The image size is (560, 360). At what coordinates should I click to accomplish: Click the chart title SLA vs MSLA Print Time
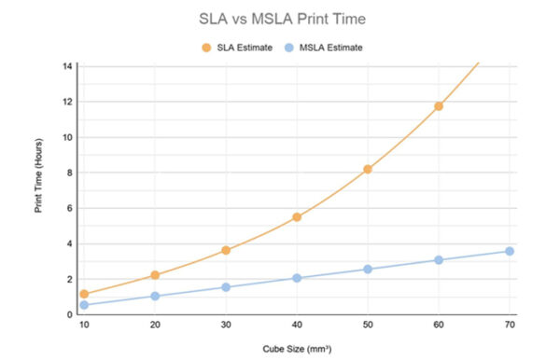(279, 18)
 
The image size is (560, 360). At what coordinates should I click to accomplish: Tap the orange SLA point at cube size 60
(439, 106)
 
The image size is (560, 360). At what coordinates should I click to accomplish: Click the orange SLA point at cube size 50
(368, 169)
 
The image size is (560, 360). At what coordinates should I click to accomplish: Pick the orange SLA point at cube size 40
(297, 217)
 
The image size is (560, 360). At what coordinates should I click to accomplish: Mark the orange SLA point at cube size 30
(226, 250)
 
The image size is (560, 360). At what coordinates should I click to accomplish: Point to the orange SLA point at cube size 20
(155, 275)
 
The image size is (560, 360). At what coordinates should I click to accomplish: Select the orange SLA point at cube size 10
(84, 294)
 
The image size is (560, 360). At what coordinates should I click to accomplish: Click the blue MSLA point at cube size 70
(510, 251)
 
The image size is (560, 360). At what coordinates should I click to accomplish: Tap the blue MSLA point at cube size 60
(439, 260)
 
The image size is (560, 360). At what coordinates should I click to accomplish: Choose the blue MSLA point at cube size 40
(297, 278)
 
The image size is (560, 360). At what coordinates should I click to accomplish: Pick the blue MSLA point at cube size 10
(84, 305)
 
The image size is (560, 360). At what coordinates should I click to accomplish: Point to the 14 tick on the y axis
(67, 66)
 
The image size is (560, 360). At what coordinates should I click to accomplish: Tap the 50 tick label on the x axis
(368, 325)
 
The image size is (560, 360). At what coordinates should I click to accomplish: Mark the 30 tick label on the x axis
(226, 325)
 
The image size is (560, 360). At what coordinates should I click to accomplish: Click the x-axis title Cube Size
(297, 348)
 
